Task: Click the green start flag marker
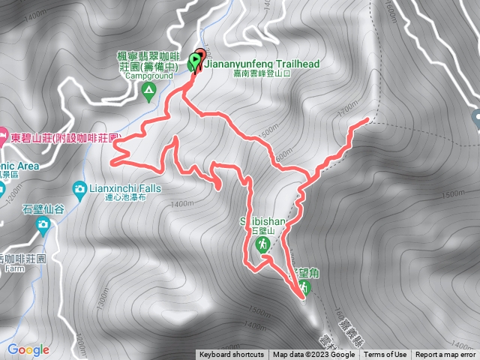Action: pos(196,60)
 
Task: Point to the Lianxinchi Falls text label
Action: pos(124,187)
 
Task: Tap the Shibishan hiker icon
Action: pos(264,245)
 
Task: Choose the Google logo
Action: pos(28,349)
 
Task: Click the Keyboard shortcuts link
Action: pos(231,355)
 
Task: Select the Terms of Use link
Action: pos(385,355)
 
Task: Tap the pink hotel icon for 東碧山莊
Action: pos(4,138)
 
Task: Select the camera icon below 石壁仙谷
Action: pos(43,224)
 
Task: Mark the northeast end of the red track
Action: pos(367,119)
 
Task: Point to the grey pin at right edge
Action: pos(475,118)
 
